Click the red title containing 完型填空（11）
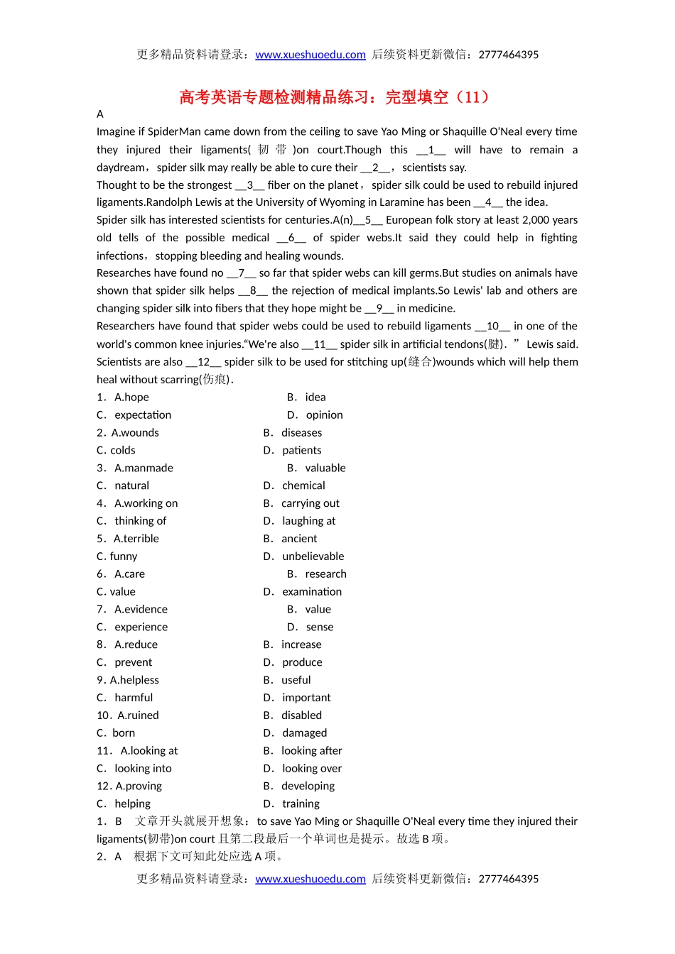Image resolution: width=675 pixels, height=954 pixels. [x=335, y=97]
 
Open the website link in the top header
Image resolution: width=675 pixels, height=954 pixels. [x=310, y=55]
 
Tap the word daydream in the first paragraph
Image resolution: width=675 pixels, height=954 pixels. [x=121, y=168]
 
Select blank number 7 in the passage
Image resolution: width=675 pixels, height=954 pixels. [x=242, y=273]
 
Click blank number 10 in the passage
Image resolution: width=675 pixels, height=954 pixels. [x=492, y=327]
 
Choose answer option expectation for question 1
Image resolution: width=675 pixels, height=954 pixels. [x=143, y=415]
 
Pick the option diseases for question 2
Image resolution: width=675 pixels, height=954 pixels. [x=301, y=433]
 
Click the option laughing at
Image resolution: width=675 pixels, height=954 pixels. [x=308, y=521]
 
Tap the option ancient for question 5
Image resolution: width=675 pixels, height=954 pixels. [x=299, y=539]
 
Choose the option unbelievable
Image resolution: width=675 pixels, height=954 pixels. [x=313, y=556]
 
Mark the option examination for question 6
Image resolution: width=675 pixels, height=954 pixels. [x=311, y=592]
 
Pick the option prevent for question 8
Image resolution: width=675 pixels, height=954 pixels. [x=134, y=662]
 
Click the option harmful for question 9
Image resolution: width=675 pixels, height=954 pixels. [x=134, y=698]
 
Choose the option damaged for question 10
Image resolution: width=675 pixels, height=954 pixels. [x=304, y=733]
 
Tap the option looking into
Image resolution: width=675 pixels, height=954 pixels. [x=143, y=769]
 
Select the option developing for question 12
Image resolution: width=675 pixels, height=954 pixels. [x=308, y=786]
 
